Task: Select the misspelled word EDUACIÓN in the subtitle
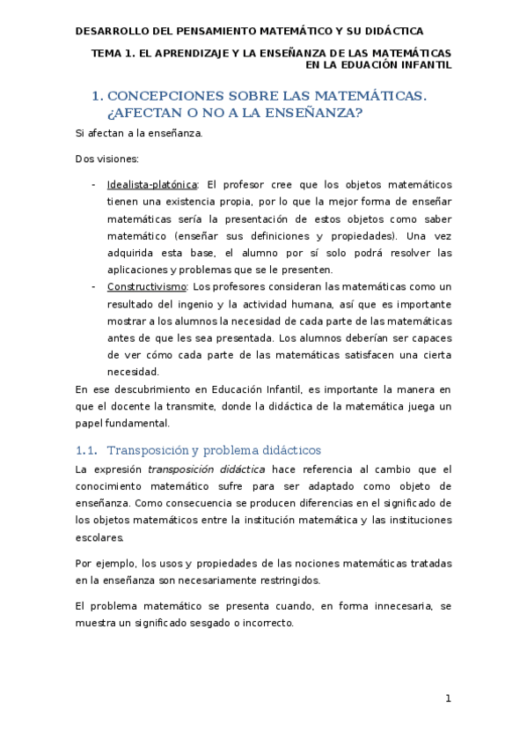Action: click(378, 65)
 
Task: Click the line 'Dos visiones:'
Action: click(101, 159)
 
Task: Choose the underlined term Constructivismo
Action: click(146, 287)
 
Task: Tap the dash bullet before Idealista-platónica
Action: click(94, 185)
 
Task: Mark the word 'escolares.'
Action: click(100, 537)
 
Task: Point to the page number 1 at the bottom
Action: click(448, 699)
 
